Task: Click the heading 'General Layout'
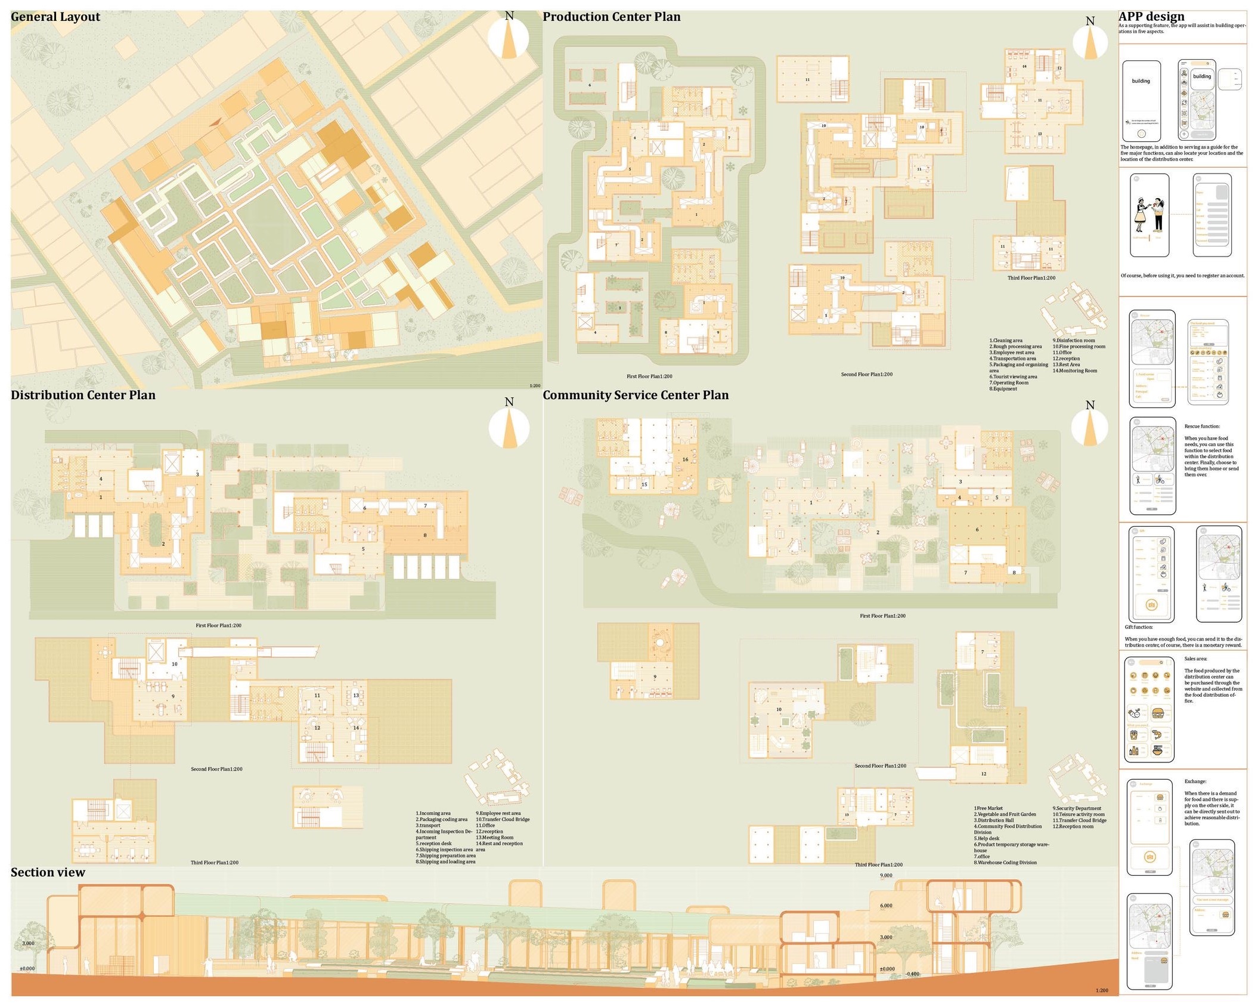(x=55, y=17)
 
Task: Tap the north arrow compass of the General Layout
(x=509, y=37)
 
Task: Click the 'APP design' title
(x=1151, y=17)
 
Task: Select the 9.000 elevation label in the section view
(x=886, y=876)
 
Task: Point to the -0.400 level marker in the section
(x=912, y=974)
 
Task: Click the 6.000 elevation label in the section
(x=886, y=906)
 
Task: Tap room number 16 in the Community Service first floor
(x=685, y=459)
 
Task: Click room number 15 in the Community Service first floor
(x=644, y=484)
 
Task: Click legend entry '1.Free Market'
(x=988, y=808)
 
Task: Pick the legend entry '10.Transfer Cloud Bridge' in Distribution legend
(x=502, y=819)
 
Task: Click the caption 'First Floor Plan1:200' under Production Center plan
(x=649, y=376)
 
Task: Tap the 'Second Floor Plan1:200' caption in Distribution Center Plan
(x=216, y=769)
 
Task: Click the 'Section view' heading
(x=48, y=872)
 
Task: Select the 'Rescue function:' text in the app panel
(x=1201, y=426)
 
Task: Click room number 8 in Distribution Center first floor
(x=425, y=535)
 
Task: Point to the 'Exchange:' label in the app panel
(x=1195, y=781)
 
